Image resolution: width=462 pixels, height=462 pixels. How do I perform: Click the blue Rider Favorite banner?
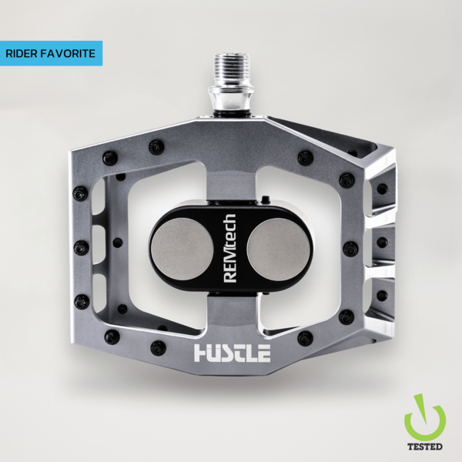point(51,53)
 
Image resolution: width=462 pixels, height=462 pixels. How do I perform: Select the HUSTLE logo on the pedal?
point(232,353)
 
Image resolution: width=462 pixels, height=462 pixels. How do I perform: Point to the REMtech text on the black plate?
point(229,248)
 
